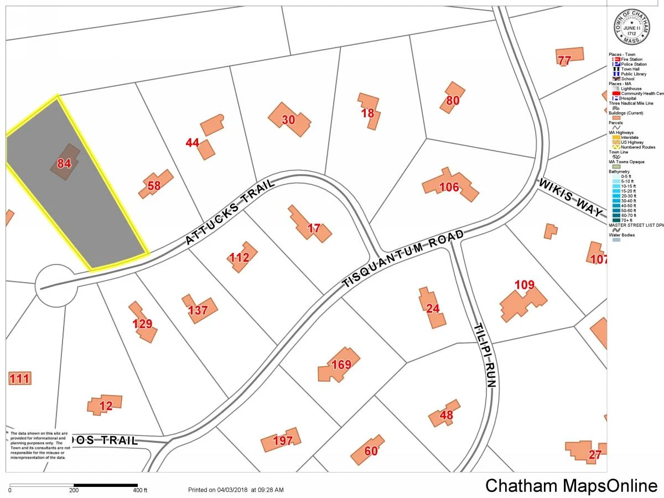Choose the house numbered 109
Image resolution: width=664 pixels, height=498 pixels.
(523, 302)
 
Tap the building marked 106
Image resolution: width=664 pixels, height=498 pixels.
(450, 186)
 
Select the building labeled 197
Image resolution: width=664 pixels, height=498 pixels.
(282, 440)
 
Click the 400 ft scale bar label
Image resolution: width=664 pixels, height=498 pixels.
(140, 490)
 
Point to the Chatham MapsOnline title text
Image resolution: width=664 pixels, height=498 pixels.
(570, 485)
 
